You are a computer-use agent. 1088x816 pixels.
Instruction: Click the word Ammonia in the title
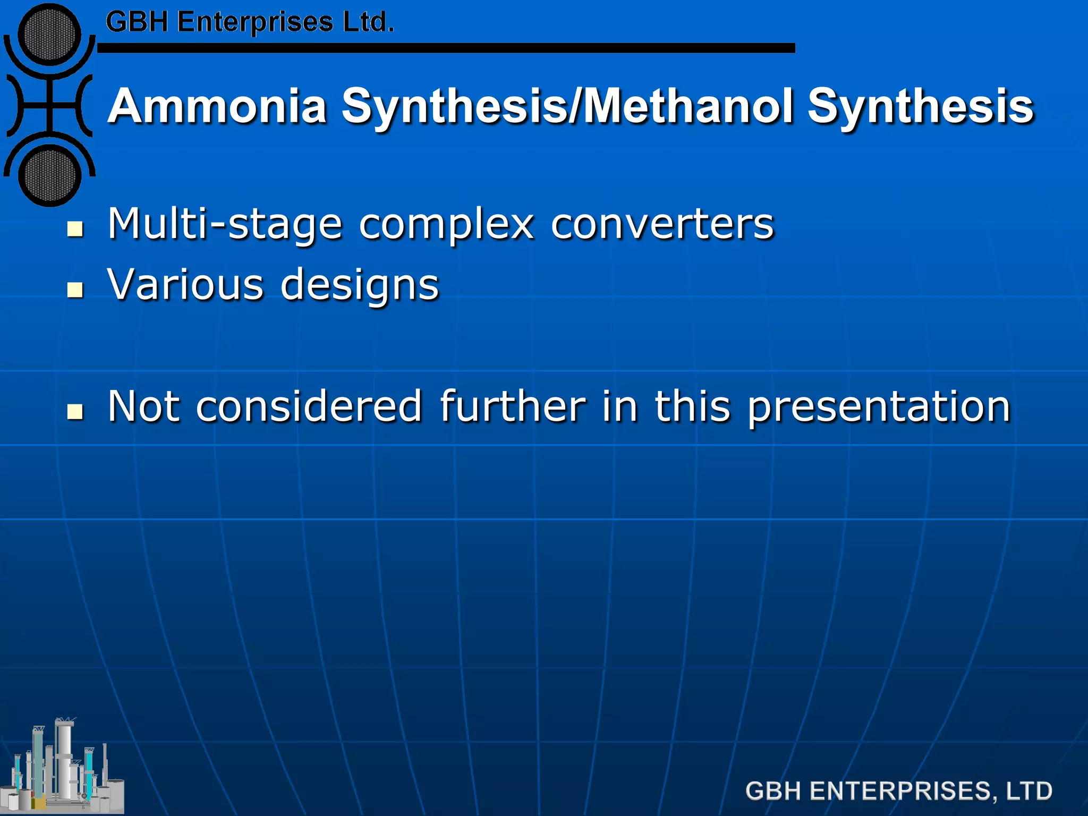217,106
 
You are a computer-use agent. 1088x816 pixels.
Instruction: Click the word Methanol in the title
689,106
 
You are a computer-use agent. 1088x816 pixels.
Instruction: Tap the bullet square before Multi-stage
75,229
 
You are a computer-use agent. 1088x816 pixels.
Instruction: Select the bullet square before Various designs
75,290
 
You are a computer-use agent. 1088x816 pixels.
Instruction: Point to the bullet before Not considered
75,412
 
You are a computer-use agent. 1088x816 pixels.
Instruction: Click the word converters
662,224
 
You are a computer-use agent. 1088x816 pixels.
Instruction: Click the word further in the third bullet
513,406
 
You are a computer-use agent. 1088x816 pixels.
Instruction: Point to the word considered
309,406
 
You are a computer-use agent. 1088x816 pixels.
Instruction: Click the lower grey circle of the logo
50,176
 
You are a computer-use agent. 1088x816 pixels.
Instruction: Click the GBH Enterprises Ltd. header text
250,22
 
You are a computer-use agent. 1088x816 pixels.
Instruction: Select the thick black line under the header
446,48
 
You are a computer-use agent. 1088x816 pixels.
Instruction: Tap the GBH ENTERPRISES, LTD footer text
898,791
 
